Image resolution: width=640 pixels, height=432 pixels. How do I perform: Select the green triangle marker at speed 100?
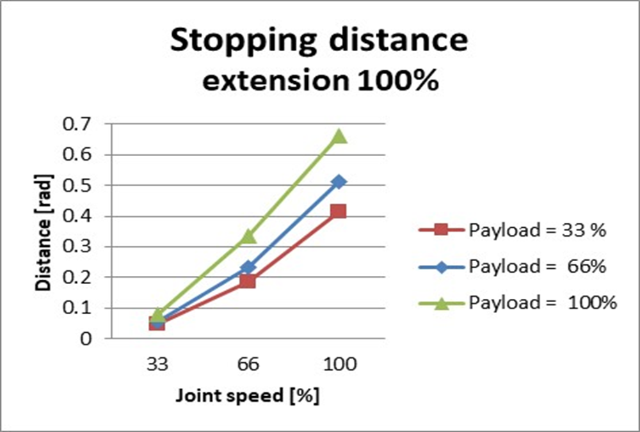point(339,136)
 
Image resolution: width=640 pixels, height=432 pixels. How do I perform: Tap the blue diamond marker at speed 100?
point(339,182)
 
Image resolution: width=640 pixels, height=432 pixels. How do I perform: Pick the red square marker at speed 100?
point(339,211)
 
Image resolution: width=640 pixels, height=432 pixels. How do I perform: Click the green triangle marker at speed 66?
point(248,237)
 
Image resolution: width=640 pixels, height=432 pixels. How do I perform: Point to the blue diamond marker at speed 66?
point(248,268)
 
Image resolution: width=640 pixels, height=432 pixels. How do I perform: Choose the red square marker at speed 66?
point(248,281)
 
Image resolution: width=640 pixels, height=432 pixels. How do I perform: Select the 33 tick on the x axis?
point(157,365)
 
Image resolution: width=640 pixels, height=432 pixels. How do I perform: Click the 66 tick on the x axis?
point(248,365)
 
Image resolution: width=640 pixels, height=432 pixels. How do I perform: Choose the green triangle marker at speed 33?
point(157,315)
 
